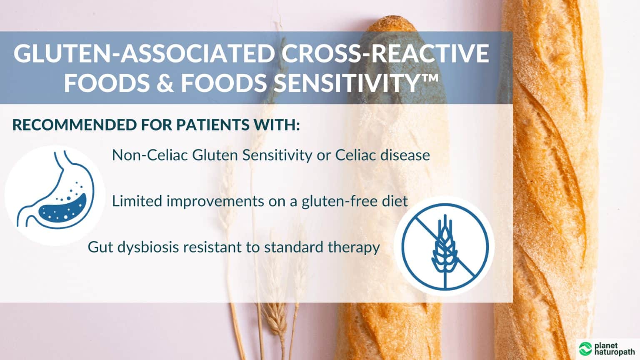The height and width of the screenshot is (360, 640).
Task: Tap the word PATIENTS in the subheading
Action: click(x=215, y=125)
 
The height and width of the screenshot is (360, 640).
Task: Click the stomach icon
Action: click(x=55, y=195)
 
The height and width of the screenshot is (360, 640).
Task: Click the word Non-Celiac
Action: click(x=150, y=155)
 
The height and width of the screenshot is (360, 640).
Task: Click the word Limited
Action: click(x=137, y=201)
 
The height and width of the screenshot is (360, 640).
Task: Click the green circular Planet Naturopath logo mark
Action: click(x=585, y=348)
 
